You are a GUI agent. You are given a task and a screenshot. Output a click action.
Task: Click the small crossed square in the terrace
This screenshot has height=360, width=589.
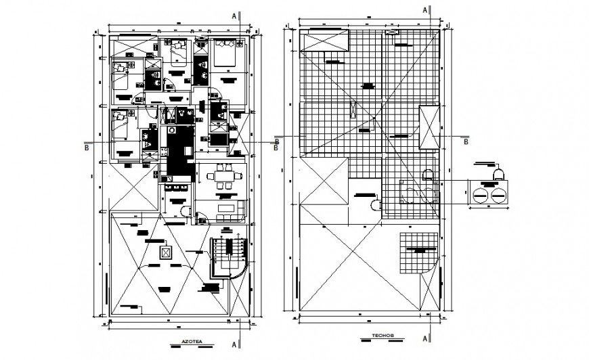coord(165,252)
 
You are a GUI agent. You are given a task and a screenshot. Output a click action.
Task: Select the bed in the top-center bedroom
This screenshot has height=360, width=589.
coord(178,50)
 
